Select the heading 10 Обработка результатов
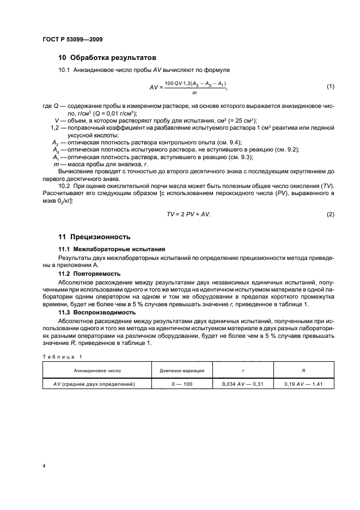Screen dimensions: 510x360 (x=107, y=57)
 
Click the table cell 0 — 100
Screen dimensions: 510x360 (x=182, y=384)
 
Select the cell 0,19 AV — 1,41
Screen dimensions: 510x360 (x=303, y=384)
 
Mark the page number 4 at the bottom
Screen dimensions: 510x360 (x=44, y=466)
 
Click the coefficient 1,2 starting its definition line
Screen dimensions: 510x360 (x=54, y=128)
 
